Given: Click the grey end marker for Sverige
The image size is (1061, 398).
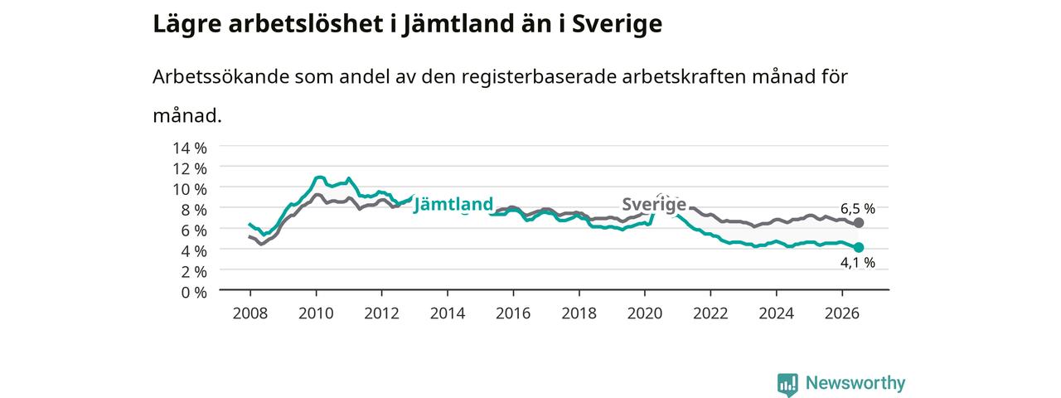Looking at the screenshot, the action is [858, 223].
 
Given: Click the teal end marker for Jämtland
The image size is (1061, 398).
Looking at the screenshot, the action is [858, 247].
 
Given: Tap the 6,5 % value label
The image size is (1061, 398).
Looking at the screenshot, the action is [858, 208].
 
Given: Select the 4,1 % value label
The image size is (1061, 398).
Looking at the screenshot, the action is [858, 263].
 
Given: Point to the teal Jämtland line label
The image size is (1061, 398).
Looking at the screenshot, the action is [453, 204].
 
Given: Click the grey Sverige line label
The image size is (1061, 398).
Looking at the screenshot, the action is [654, 204].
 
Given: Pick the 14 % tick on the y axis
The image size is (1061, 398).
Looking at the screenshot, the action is [190, 148].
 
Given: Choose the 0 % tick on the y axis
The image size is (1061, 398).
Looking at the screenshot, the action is [194, 293].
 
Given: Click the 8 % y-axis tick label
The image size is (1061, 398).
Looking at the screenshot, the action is [194, 210].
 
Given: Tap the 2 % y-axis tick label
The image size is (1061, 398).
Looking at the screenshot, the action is [194, 272].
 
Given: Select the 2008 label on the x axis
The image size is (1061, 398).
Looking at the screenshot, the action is [250, 313].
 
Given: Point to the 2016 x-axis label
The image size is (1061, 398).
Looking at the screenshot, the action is [513, 313].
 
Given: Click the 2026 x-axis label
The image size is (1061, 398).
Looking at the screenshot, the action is [841, 313].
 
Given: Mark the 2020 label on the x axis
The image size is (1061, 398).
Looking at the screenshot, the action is [645, 313].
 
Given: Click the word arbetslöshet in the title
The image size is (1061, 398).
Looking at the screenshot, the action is [306, 23].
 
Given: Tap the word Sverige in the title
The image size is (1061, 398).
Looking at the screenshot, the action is [617, 25].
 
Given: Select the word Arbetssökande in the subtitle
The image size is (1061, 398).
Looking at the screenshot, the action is [220, 76].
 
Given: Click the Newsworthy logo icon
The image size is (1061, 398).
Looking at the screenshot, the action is [787, 384].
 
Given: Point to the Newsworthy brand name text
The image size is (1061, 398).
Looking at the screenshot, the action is [855, 383].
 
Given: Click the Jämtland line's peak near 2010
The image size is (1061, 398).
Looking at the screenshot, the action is [320, 177].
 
